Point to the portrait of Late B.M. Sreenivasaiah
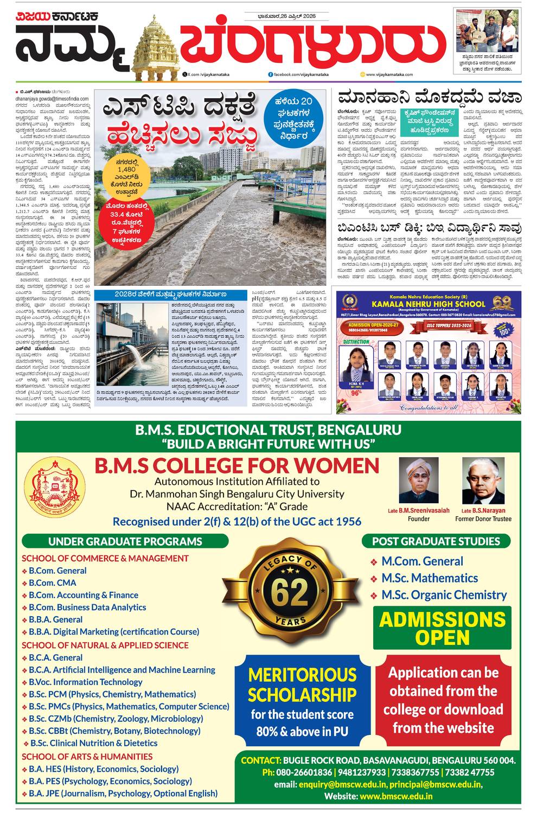click(x=418, y=481)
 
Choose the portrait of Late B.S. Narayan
click(x=483, y=481)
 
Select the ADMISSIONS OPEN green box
click(x=442, y=628)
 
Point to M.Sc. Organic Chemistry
click(x=444, y=594)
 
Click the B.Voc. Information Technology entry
click(x=85, y=682)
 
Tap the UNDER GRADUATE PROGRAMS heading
click(x=125, y=541)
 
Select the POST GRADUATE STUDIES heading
click(x=436, y=541)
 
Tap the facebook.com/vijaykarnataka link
click(x=297, y=74)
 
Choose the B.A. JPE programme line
click(x=123, y=793)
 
